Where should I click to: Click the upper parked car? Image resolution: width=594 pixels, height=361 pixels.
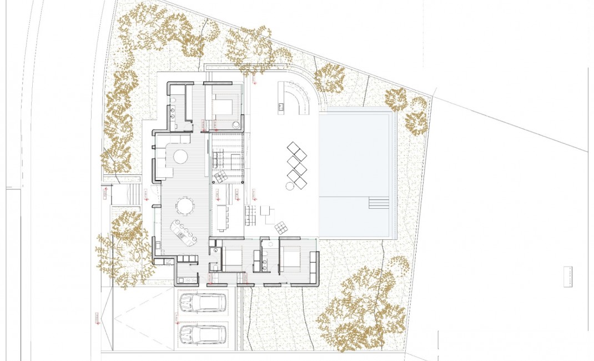(203, 303)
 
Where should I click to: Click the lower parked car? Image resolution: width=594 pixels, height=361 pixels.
(203, 334)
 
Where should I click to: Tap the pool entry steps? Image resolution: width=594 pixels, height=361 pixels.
(379, 203)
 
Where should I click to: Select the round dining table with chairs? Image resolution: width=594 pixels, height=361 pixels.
(185, 207)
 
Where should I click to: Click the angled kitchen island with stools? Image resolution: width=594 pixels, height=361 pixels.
(184, 233)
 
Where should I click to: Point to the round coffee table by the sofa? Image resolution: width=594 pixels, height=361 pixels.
(180, 157)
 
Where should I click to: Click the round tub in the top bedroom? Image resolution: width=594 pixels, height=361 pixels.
(236, 125)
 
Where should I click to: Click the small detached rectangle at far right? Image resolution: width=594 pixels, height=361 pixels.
(567, 277)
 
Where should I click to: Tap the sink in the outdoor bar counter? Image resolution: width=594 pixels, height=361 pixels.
(281, 104)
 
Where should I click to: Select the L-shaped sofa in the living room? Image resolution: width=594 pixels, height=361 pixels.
(162, 161)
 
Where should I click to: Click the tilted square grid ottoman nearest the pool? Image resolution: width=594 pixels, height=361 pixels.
(281, 226)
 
